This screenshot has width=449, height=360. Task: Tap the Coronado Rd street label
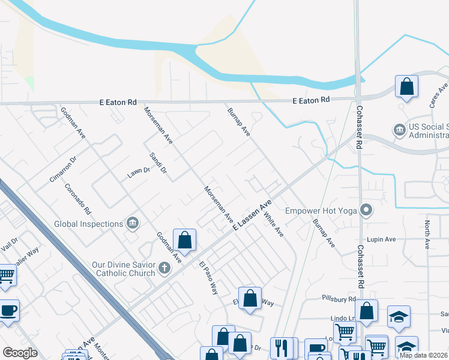[x=77, y=199]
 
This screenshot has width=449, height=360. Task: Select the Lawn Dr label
[x=137, y=173]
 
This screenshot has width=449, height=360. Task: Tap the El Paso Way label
[x=209, y=278]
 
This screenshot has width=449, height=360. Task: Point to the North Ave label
[x=427, y=235]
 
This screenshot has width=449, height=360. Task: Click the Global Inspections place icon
[x=133, y=224]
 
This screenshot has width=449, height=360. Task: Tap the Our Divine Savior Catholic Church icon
[x=164, y=269]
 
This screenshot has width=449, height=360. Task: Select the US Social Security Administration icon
[x=399, y=130]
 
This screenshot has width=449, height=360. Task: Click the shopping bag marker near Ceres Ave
[x=406, y=86]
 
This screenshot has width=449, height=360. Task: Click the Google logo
[x=20, y=353]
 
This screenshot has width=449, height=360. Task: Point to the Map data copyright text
[x=423, y=355]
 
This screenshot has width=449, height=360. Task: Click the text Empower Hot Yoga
[x=321, y=211]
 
